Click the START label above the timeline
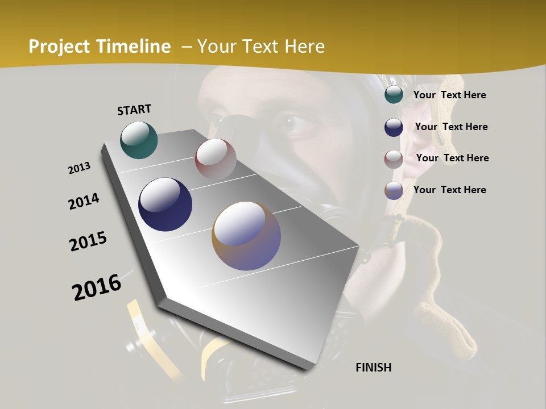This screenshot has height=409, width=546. (x=134, y=110)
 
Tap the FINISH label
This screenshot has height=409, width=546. (x=373, y=368)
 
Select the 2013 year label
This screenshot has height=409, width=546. (x=80, y=168)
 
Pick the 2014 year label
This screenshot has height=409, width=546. (x=84, y=202)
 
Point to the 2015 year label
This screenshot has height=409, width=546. (x=88, y=242)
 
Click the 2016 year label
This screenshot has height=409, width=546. (x=97, y=287)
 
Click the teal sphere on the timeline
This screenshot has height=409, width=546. (x=139, y=140)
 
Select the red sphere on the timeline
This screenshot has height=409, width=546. (x=216, y=159)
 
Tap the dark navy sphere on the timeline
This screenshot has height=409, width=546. (x=165, y=204)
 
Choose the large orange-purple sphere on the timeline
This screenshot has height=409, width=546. (x=246, y=236)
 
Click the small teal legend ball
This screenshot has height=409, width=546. (x=394, y=95)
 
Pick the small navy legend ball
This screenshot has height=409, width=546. (x=394, y=127)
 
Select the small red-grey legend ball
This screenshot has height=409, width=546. (x=394, y=159)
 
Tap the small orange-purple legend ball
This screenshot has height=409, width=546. (x=394, y=190)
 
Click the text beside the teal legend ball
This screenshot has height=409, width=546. (x=449, y=95)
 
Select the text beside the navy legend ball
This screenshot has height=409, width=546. (x=451, y=127)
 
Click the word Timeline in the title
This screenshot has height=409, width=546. (x=134, y=47)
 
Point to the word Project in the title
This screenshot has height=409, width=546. (x=59, y=47)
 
